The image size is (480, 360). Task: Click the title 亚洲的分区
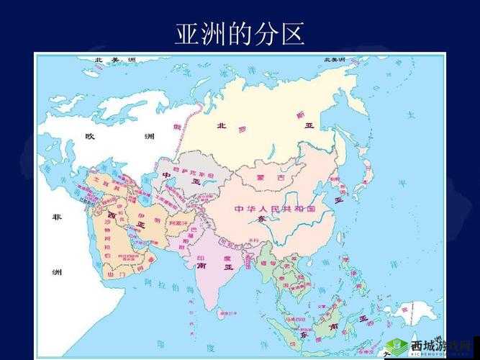point(240,33)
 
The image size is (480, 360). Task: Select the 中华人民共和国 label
point(275,209)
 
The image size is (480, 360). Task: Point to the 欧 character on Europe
point(90,136)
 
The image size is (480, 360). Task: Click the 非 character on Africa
point(56,217)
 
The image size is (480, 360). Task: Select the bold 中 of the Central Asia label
point(166,175)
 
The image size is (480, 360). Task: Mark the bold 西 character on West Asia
point(112,215)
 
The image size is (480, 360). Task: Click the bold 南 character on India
point(202,266)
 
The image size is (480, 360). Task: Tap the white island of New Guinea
point(412,311)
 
